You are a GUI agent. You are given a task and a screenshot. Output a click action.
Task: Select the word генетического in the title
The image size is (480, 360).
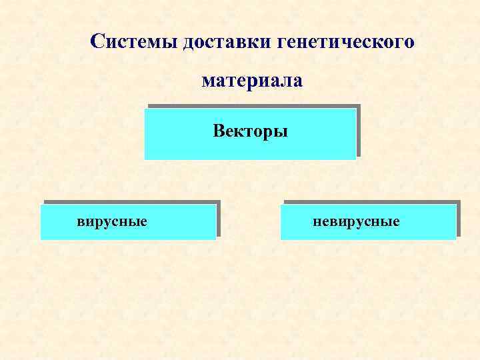(x=344, y=43)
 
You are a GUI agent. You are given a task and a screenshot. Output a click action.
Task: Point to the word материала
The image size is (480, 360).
(x=252, y=82)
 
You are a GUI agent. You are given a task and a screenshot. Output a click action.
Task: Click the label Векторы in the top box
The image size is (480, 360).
(x=250, y=131)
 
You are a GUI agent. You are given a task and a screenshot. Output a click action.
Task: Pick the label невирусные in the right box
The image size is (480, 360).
(x=356, y=221)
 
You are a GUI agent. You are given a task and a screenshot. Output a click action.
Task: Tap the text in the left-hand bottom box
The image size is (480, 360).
(x=111, y=221)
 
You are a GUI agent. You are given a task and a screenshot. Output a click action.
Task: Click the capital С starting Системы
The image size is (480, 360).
(x=97, y=42)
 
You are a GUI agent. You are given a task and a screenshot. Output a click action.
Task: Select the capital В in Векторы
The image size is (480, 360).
(x=219, y=131)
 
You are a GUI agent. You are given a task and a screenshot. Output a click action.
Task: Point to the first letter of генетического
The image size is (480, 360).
(x=278, y=44)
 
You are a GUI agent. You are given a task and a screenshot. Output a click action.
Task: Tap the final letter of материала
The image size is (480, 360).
(x=298, y=83)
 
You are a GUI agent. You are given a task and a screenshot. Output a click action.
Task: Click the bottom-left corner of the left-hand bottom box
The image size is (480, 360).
(x=41, y=239)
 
